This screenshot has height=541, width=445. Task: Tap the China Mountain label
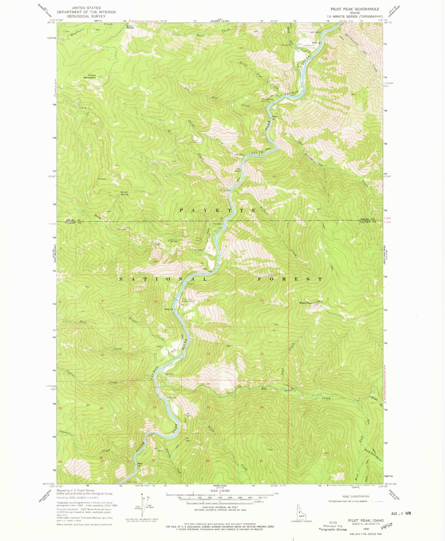point(90,76)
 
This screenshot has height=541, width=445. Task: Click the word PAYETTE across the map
point(218,210)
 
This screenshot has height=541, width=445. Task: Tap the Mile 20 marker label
point(169,309)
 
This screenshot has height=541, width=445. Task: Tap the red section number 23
point(208,407)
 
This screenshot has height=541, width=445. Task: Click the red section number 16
point(103,355)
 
